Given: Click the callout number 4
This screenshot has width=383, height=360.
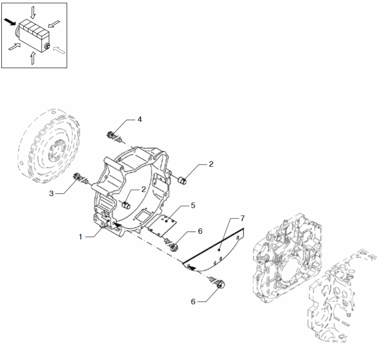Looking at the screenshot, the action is coord(139,119).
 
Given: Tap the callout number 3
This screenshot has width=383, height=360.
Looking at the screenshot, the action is coord(51,194).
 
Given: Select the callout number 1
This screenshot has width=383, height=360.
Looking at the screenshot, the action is coord(80,237).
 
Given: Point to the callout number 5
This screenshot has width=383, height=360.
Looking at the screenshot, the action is coord(193,206).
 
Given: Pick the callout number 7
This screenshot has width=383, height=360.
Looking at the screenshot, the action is coord(242,218).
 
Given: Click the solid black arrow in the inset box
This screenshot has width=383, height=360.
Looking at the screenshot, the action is coord(10,22).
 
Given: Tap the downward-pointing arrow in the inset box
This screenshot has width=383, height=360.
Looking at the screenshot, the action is coord(33,12).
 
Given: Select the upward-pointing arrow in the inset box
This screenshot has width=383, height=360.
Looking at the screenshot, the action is coord(33,58).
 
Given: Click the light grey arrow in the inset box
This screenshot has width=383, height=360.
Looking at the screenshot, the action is coord(59,50).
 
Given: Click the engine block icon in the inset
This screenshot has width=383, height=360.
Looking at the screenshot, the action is coord(33,35).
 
